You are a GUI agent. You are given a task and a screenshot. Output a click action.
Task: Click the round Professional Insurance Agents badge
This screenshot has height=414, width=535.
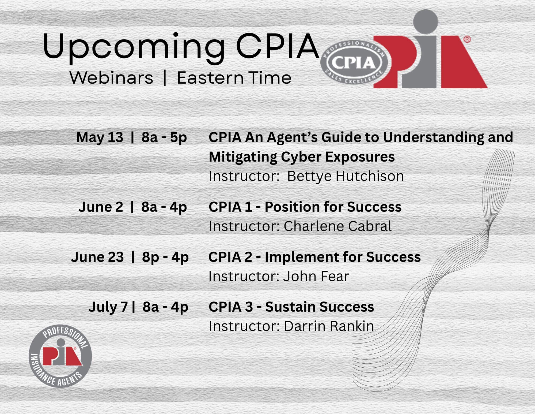click(x=60, y=356)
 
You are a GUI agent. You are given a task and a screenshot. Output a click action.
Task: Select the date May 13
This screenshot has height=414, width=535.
click(x=100, y=137)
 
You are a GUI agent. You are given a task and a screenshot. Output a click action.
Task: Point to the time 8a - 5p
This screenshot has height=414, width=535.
click(x=164, y=137)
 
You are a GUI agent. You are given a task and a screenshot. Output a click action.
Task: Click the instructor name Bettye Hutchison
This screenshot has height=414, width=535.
click(x=346, y=176)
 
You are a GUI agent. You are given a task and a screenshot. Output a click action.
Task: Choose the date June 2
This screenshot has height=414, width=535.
click(x=101, y=207)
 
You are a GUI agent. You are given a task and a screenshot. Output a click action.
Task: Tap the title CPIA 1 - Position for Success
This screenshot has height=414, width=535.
click(x=305, y=207)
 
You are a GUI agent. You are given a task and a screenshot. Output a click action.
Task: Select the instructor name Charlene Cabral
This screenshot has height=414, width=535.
click(x=337, y=226)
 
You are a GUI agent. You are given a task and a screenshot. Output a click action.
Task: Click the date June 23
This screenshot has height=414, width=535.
click(x=97, y=257)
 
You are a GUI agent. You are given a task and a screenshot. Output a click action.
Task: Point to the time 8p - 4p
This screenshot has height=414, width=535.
click(x=165, y=257)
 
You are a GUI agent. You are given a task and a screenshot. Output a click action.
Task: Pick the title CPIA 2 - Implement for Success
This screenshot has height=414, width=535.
click(x=315, y=257)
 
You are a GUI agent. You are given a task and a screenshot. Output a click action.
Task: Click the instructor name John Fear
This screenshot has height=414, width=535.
click(x=316, y=276)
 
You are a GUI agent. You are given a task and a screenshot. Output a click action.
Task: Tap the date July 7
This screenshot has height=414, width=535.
click(x=108, y=307)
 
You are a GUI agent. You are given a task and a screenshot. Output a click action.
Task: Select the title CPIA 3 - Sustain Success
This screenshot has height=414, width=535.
click(x=291, y=307)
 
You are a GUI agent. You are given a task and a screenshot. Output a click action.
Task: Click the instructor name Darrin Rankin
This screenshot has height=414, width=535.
click(x=329, y=326)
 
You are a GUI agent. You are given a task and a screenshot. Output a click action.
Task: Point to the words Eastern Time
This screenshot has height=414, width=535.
click(x=234, y=78)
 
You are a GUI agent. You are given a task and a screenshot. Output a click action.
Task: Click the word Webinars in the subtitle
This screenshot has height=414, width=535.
click(x=111, y=78)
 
